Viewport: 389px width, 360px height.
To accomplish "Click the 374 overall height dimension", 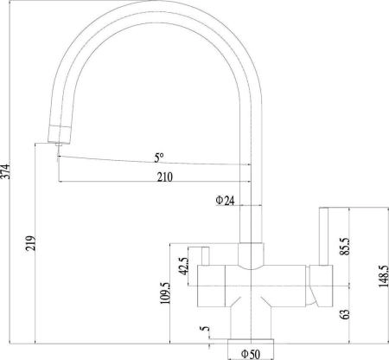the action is (x=5, y=171).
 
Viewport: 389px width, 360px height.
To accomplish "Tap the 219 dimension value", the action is (x=31, y=243).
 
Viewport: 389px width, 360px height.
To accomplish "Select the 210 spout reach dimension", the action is (x=165, y=177).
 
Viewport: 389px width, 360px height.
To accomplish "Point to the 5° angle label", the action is (x=159, y=157).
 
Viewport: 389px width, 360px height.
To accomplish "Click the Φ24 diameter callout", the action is (x=225, y=200).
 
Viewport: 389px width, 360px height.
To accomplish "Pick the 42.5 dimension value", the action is (x=184, y=266).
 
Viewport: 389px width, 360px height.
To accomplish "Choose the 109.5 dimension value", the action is (x=165, y=292).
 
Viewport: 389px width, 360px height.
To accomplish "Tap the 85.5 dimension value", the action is (x=346, y=246).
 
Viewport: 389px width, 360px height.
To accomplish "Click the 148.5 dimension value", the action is (x=384, y=276).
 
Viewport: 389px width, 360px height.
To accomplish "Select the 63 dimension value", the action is (x=346, y=314).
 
